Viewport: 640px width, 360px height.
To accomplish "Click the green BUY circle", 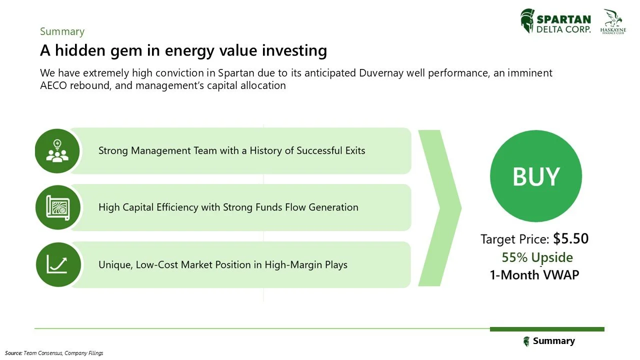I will pos(535,176).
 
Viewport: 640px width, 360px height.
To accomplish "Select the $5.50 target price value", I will pos(570,239).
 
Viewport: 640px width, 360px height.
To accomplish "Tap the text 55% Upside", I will pos(537,257).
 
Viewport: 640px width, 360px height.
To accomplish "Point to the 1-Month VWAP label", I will pos(534,275).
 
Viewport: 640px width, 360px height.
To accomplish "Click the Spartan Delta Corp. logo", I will pos(555,21).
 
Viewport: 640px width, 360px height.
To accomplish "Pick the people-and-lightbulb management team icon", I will pos(57,151).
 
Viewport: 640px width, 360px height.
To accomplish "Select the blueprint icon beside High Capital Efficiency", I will pos(57,207).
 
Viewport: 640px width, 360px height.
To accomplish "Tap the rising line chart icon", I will pos(57,264).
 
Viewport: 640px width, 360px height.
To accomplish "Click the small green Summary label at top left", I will pos(62,31).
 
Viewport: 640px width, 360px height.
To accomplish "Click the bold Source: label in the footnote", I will pos(14,353).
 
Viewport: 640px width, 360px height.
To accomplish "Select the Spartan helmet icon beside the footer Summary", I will pos(526,341).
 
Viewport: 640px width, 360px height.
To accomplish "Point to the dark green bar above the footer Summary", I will pos(547,329).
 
